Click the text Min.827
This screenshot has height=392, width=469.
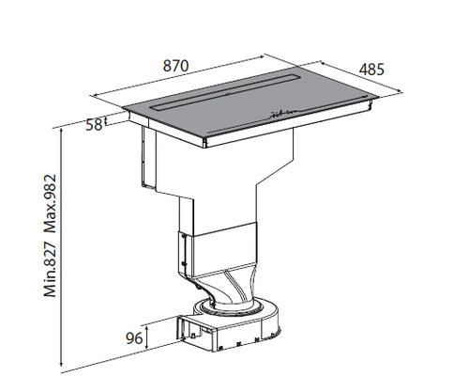click(x=51, y=269)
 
